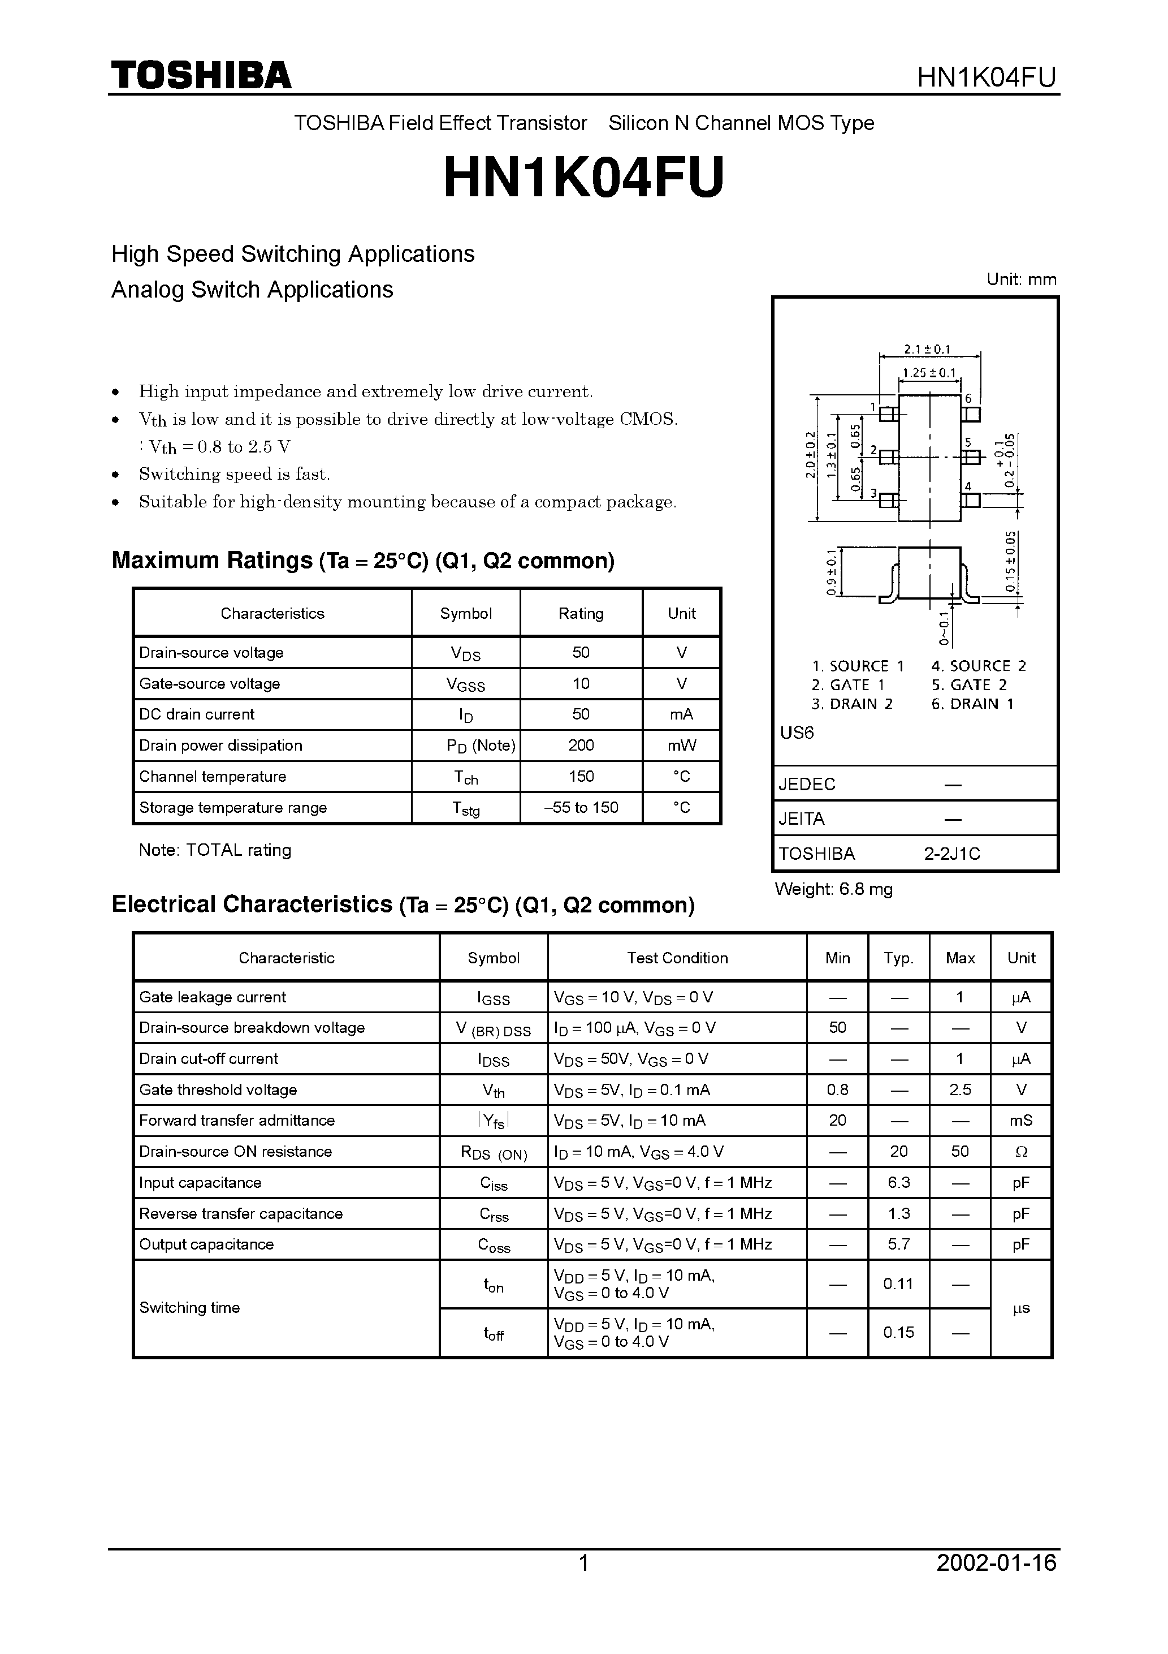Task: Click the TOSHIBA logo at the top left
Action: [201, 75]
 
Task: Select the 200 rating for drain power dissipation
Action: [581, 746]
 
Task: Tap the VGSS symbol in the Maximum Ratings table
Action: [466, 684]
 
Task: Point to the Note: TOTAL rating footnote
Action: [215, 850]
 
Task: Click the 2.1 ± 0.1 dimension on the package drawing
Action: [928, 350]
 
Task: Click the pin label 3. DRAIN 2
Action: [852, 704]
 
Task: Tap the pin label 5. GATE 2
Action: [969, 685]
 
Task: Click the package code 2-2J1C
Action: [952, 854]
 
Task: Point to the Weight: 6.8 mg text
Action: [833, 889]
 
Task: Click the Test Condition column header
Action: [677, 958]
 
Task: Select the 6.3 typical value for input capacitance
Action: [899, 1183]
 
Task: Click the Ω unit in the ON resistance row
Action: [1020, 1152]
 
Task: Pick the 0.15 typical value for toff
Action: [899, 1333]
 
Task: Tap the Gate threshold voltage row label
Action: [218, 1090]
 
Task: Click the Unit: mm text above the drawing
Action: [1021, 279]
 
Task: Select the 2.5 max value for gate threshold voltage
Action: [960, 1090]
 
